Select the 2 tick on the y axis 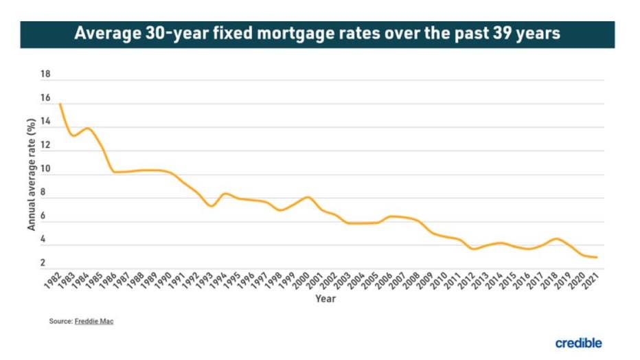point(43,263)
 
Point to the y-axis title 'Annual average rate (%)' point(31,174)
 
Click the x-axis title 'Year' point(325,299)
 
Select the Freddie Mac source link point(94,322)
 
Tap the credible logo point(578,342)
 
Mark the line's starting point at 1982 point(60,104)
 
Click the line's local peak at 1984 point(88,128)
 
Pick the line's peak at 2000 point(308,197)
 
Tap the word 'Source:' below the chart point(60,322)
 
